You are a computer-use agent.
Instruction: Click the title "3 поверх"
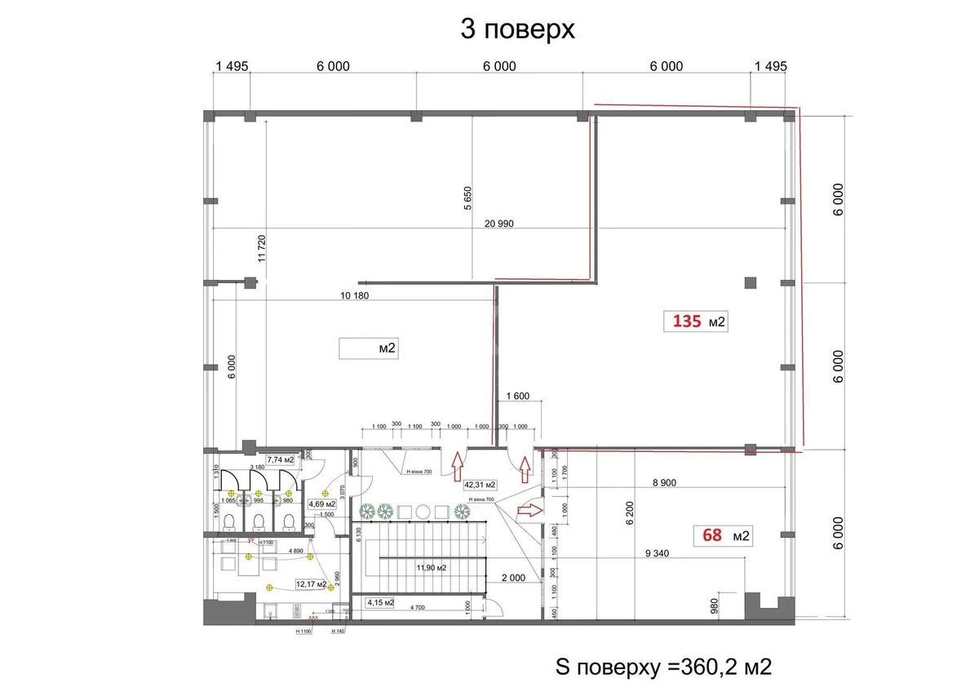coord(517,29)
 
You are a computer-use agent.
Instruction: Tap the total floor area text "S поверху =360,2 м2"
coord(662,667)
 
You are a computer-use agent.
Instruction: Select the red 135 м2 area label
coord(698,322)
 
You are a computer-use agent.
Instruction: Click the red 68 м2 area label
coord(722,536)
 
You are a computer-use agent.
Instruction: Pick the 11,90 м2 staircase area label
coord(430,567)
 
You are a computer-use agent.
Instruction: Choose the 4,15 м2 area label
coord(379,603)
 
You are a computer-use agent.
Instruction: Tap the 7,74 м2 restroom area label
coord(281,460)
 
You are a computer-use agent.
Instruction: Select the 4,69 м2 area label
coord(321,503)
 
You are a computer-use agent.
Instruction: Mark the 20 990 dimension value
coord(498,224)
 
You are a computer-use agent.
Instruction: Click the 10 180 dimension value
coord(352,295)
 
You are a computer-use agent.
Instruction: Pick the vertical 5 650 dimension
coord(467,198)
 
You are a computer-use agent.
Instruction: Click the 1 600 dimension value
coord(518,397)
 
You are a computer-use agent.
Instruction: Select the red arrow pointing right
coord(529,511)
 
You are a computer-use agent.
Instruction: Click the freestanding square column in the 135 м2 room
coord(751,283)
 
